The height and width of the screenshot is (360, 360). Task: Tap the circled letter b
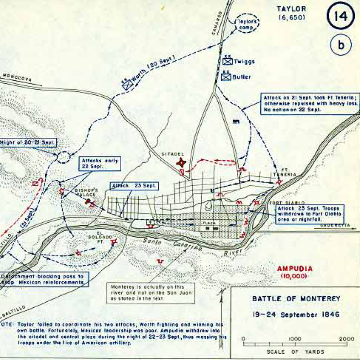(x=341, y=45)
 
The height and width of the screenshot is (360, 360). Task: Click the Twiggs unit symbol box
(x=228, y=61)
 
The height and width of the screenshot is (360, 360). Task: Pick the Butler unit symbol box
(x=226, y=77)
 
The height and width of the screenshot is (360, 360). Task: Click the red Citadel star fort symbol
(x=181, y=163)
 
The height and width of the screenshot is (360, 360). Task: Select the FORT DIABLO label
(x=281, y=203)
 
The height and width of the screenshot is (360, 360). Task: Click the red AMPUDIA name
(x=294, y=269)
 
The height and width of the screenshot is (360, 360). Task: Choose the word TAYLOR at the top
(x=291, y=9)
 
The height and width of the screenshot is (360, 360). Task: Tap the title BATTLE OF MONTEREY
(x=296, y=299)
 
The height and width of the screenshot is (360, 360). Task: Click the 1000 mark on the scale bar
(x=295, y=339)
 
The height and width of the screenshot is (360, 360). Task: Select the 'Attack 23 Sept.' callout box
(x=134, y=186)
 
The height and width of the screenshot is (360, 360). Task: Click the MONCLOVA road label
(x=17, y=78)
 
